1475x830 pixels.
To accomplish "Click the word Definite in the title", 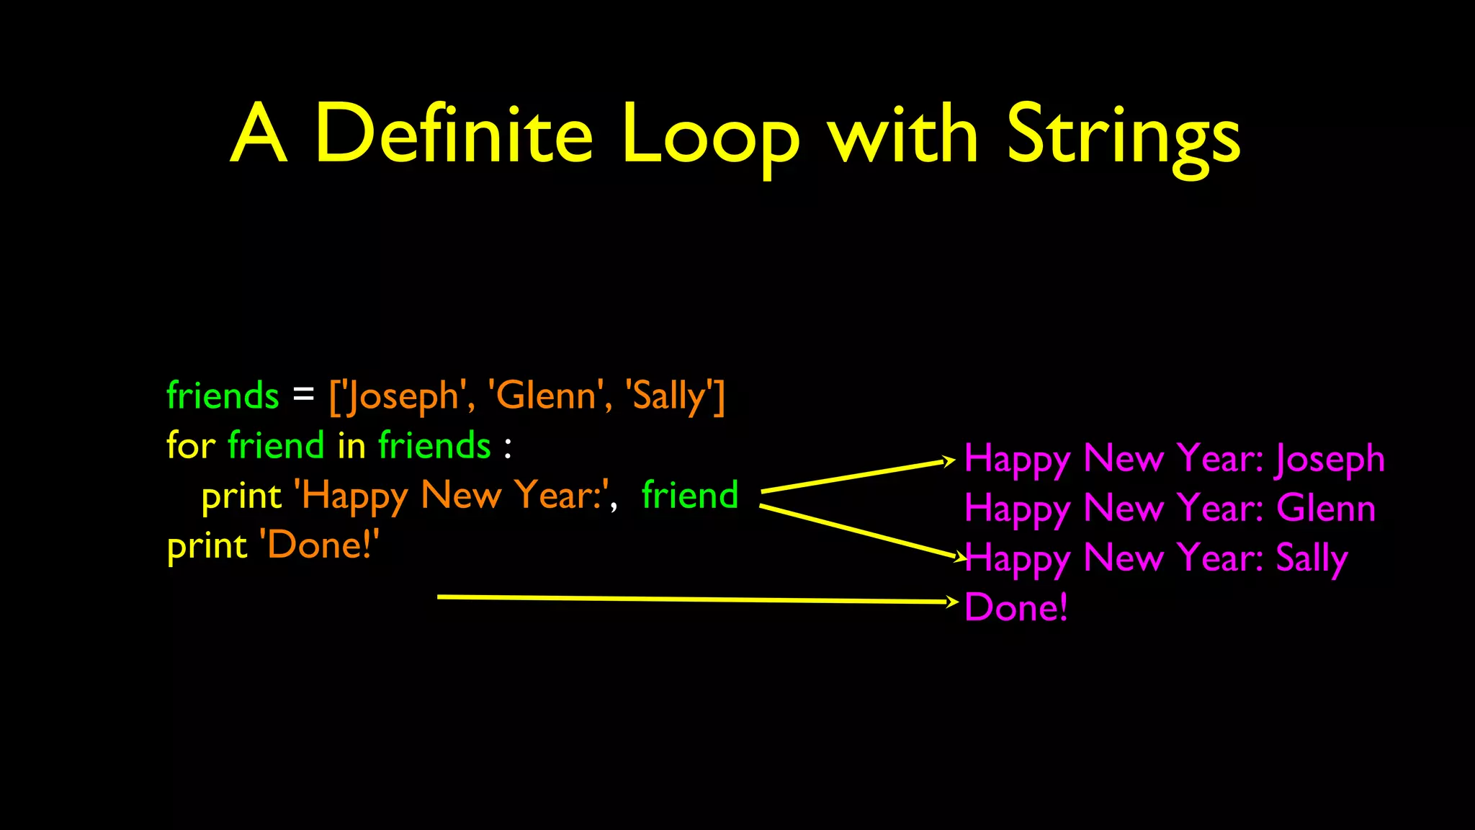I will (454, 134).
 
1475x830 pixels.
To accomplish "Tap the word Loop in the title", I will (709, 134).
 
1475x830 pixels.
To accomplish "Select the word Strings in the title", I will (1124, 134).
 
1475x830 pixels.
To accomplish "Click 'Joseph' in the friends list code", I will (403, 396).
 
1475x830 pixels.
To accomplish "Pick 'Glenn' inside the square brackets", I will (545, 396).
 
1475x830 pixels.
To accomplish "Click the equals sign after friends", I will (303, 396).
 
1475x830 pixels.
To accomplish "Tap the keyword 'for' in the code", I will (190, 445).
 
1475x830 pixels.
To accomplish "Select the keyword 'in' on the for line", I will (351, 445).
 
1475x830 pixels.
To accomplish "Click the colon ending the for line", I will (508, 447).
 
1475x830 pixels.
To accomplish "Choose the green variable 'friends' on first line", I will (223, 396).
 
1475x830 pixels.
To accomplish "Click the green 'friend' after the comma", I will (689, 495).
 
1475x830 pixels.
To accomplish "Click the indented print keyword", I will (241, 496).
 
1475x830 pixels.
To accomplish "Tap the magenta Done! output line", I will (1016, 607).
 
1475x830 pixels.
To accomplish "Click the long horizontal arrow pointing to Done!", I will (691, 599).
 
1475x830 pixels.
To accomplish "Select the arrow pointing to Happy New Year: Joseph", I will (857, 476).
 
